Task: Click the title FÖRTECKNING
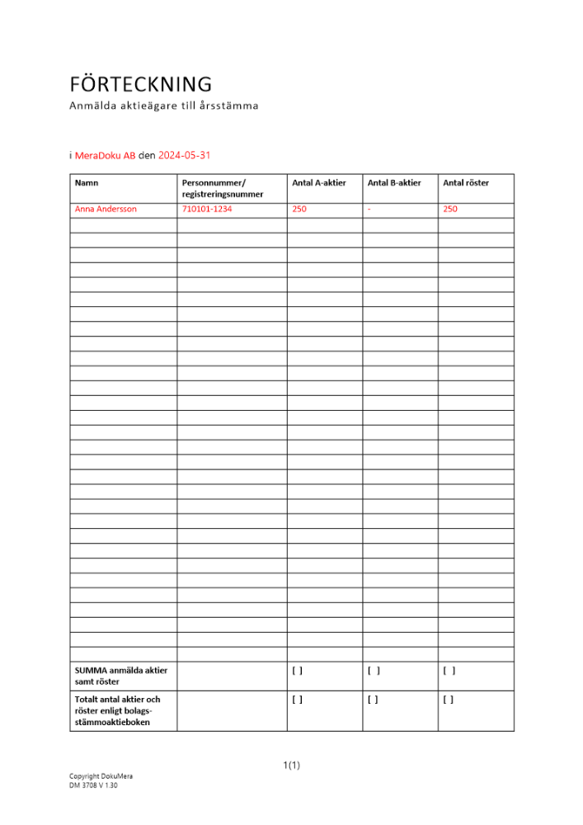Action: [x=141, y=84]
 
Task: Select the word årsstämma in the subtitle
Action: [x=229, y=106]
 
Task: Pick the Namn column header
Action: [x=87, y=182]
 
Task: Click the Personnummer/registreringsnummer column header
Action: [x=223, y=188]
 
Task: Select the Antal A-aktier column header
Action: [x=319, y=182]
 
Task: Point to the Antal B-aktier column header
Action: [x=394, y=182]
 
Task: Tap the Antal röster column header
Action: [x=466, y=182]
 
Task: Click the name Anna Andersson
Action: [x=106, y=209]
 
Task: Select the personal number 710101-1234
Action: [x=207, y=209]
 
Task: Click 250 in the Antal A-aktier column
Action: [x=299, y=209]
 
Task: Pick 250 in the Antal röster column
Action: [x=450, y=209]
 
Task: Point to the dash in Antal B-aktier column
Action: [x=369, y=209]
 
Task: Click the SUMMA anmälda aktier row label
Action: [x=121, y=676]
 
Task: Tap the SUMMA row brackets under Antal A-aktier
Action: [x=298, y=671]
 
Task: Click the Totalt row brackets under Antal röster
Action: [x=449, y=700]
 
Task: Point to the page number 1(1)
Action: [x=292, y=766]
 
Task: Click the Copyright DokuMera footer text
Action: [x=101, y=776]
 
